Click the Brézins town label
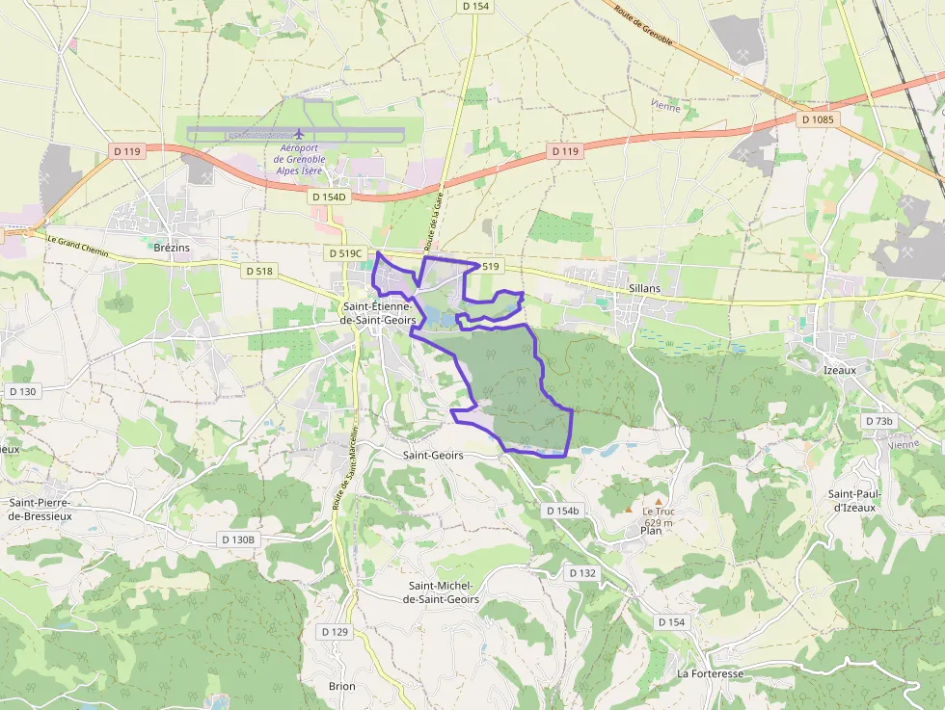[x=172, y=248]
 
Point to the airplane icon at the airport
[x=300, y=133]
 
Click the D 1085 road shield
[x=819, y=120]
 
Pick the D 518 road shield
[x=259, y=272]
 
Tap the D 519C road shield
[x=345, y=253]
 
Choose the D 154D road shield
[x=328, y=197]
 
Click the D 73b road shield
[x=879, y=422]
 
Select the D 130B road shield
[x=236, y=539]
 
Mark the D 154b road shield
[x=562, y=511]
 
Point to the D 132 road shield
[x=582, y=573]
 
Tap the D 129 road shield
[x=334, y=632]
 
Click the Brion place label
[x=341, y=687]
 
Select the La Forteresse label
[x=710, y=674]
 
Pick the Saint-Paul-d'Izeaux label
[x=851, y=501]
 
